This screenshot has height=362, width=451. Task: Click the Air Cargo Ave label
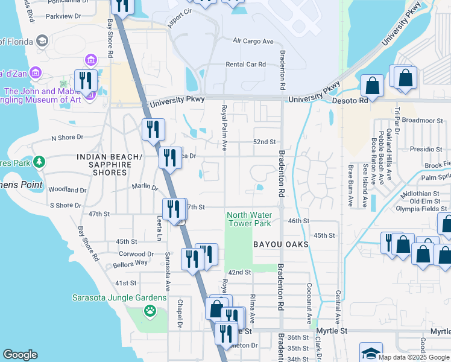[x=253, y=41]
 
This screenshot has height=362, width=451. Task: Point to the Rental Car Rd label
[x=245, y=65]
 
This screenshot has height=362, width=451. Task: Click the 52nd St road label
[x=264, y=142]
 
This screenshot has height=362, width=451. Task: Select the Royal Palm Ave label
[x=224, y=128]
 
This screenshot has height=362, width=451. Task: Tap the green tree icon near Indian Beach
[x=39, y=162]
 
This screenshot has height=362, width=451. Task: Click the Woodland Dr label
[x=63, y=189]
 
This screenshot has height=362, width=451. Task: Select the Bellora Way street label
[x=130, y=264]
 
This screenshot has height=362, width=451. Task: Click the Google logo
[x=20, y=355]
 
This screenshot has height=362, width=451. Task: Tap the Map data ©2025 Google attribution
[x=414, y=357]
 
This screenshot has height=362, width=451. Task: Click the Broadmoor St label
[x=422, y=121]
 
